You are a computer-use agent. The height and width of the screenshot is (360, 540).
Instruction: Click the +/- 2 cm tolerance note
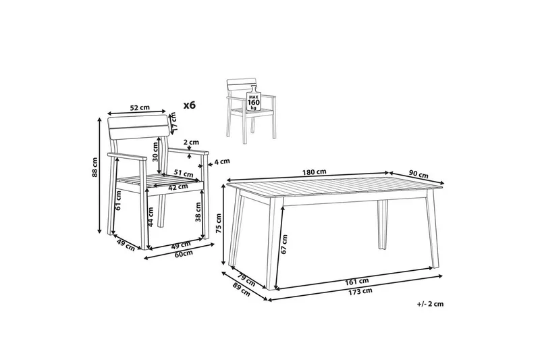click(x=430, y=305)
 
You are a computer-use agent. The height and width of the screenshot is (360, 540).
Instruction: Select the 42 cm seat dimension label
click(x=178, y=187)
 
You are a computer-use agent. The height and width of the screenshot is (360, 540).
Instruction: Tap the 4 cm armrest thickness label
click(x=222, y=161)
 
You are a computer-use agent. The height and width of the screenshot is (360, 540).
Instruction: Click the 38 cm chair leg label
click(x=198, y=213)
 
